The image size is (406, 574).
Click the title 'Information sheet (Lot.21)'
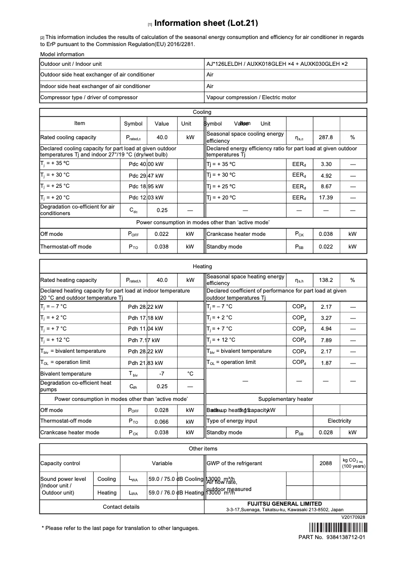(x=206, y=23)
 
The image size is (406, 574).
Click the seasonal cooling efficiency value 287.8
(x=326, y=137)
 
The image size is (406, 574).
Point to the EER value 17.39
(x=326, y=197)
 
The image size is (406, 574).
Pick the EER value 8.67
(x=326, y=186)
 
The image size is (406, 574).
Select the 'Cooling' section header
(x=202, y=112)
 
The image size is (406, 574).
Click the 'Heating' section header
(x=202, y=266)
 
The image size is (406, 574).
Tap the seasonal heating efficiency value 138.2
(x=326, y=280)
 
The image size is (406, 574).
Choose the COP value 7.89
(x=326, y=340)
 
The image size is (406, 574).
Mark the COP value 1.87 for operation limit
(x=326, y=362)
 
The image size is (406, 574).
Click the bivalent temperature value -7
(x=161, y=374)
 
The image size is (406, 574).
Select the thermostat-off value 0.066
(x=161, y=421)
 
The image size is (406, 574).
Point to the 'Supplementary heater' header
(x=286, y=399)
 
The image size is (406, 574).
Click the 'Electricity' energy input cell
(x=339, y=421)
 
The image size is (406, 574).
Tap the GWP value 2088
(x=326, y=463)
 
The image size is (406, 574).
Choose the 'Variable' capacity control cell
(x=162, y=463)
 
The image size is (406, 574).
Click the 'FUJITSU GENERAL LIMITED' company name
(x=285, y=504)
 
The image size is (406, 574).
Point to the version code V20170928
(x=353, y=517)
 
